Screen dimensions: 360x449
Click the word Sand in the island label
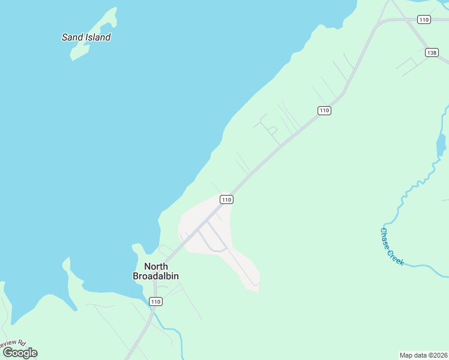pyautogui.click(x=71, y=37)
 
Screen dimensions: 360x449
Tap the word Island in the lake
pyautogui.click(x=97, y=37)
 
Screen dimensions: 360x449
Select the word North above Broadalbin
pyautogui.click(x=155, y=266)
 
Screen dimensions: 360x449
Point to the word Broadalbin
pyautogui.click(x=155, y=276)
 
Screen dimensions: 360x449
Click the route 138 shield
pyautogui.click(x=432, y=53)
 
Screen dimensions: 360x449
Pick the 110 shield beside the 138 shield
pyautogui.click(x=424, y=20)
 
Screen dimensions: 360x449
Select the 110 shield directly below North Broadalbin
pyautogui.click(x=156, y=301)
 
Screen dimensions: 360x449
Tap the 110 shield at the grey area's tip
pyautogui.click(x=226, y=199)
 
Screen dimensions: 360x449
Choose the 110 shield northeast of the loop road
pyautogui.click(x=324, y=110)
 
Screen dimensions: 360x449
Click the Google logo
pyautogui.click(x=20, y=353)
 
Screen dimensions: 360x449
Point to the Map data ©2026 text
pyautogui.click(x=423, y=355)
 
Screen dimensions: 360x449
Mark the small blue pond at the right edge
pyautogui.click(x=441, y=144)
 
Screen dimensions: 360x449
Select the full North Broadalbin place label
pyautogui.click(x=155, y=271)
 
